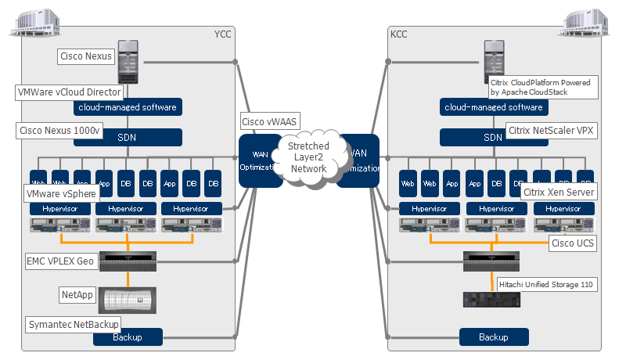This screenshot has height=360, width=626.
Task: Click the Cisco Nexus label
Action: tap(87, 56)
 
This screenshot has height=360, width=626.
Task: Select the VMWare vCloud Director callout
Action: tap(69, 92)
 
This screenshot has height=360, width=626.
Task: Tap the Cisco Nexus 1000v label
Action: tap(59, 131)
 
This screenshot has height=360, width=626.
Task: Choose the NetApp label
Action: tap(77, 294)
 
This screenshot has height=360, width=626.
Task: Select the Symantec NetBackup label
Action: tap(74, 324)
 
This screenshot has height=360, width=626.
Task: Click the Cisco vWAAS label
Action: tap(271, 121)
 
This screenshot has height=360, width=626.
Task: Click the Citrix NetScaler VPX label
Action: tap(551, 131)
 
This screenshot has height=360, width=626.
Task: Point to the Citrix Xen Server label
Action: tap(559, 193)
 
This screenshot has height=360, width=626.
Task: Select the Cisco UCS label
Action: tap(572, 243)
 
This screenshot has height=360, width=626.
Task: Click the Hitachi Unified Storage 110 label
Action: tap(547, 284)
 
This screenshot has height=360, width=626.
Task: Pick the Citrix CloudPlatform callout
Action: tap(539, 87)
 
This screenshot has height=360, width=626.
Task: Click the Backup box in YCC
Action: tap(128, 337)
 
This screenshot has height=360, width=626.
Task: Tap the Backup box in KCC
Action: tap(493, 337)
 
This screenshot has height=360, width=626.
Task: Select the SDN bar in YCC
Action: tap(128, 137)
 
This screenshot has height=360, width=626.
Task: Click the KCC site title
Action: tap(398, 34)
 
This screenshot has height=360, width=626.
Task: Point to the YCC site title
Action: tap(223, 34)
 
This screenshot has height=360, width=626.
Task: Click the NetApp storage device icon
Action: tap(126, 300)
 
